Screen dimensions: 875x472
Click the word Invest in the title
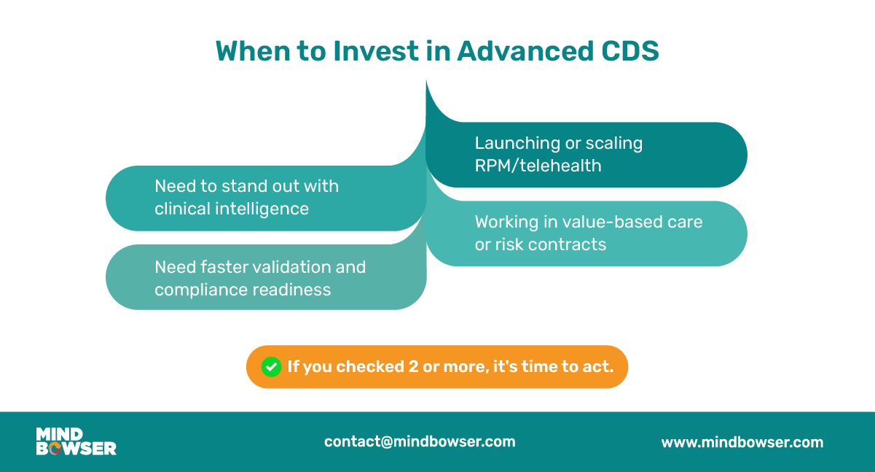(375, 51)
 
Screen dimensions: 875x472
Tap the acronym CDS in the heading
(630, 51)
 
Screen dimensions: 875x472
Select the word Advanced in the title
(525, 51)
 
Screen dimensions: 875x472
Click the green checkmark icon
(271, 367)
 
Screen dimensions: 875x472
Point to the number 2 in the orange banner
(413, 367)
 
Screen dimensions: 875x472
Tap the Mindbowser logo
(76, 441)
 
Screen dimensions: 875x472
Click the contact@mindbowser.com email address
(420, 442)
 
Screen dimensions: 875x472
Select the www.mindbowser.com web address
(742, 443)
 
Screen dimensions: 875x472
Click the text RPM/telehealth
(538, 166)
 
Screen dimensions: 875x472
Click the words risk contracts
(550, 245)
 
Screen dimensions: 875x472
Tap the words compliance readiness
(243, 290)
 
